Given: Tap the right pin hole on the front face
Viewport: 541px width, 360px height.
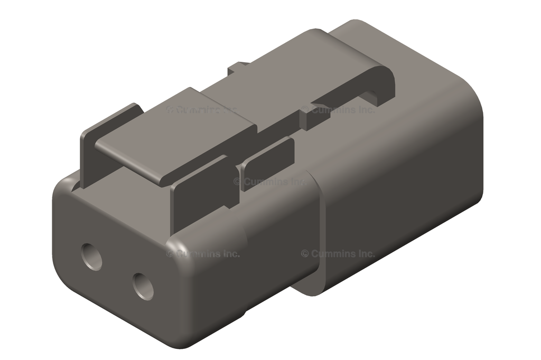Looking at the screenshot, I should [143, 287].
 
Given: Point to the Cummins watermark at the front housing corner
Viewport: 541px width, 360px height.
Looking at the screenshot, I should [203, 253].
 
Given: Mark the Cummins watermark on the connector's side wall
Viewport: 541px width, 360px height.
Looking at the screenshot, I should [338, 253].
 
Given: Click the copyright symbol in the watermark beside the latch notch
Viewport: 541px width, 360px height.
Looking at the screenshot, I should [305, 110].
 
